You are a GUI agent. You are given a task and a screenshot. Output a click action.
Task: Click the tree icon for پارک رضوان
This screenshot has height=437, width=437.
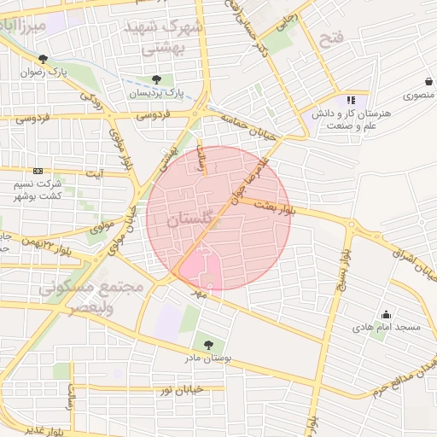pyautogui.click(x=42, y=59)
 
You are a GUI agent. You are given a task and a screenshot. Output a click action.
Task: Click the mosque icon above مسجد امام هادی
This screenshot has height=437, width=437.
pyautogui.click(x=385, y=313)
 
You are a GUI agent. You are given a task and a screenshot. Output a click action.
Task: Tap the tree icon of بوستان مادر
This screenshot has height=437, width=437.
pyautogui.click(x=208, y=345)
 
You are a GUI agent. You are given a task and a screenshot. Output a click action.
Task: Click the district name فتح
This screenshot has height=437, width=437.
pyautogui.click(x=329, y=38)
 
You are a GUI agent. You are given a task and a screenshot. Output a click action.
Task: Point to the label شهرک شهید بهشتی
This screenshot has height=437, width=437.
pyautogui.click(x=165, y=38)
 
